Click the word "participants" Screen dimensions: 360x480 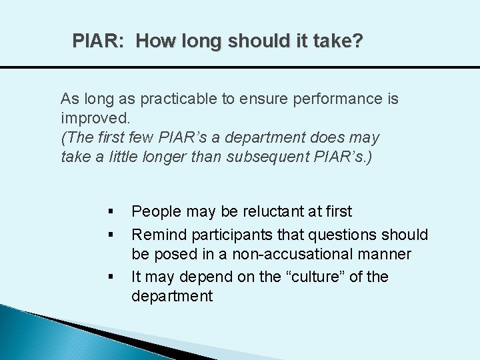coord(230,234)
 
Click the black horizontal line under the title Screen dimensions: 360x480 coord(240,67)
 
